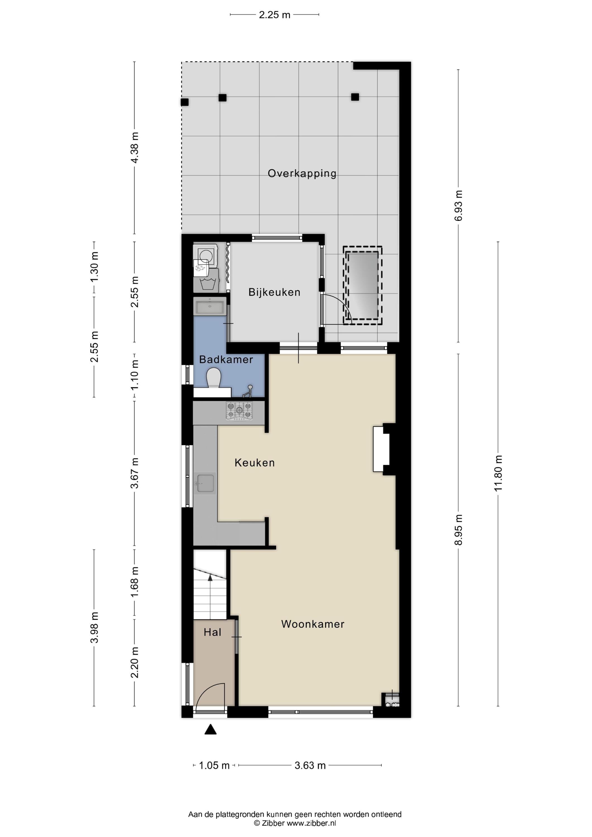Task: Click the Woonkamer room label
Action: click(313, 624)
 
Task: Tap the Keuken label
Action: click(255, 463)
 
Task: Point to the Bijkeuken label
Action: click(274, 292)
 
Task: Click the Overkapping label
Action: click(302, 174)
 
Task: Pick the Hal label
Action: click(212, 632)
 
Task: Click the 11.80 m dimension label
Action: click(498, 473)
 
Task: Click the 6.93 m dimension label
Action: click(459, 206)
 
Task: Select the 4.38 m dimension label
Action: click(135, 148)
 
